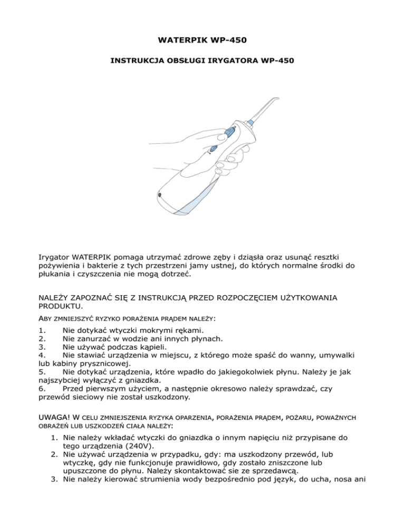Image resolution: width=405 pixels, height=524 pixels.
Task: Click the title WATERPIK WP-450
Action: point(202,40)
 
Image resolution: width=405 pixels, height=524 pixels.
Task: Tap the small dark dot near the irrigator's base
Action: point(160,195)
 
